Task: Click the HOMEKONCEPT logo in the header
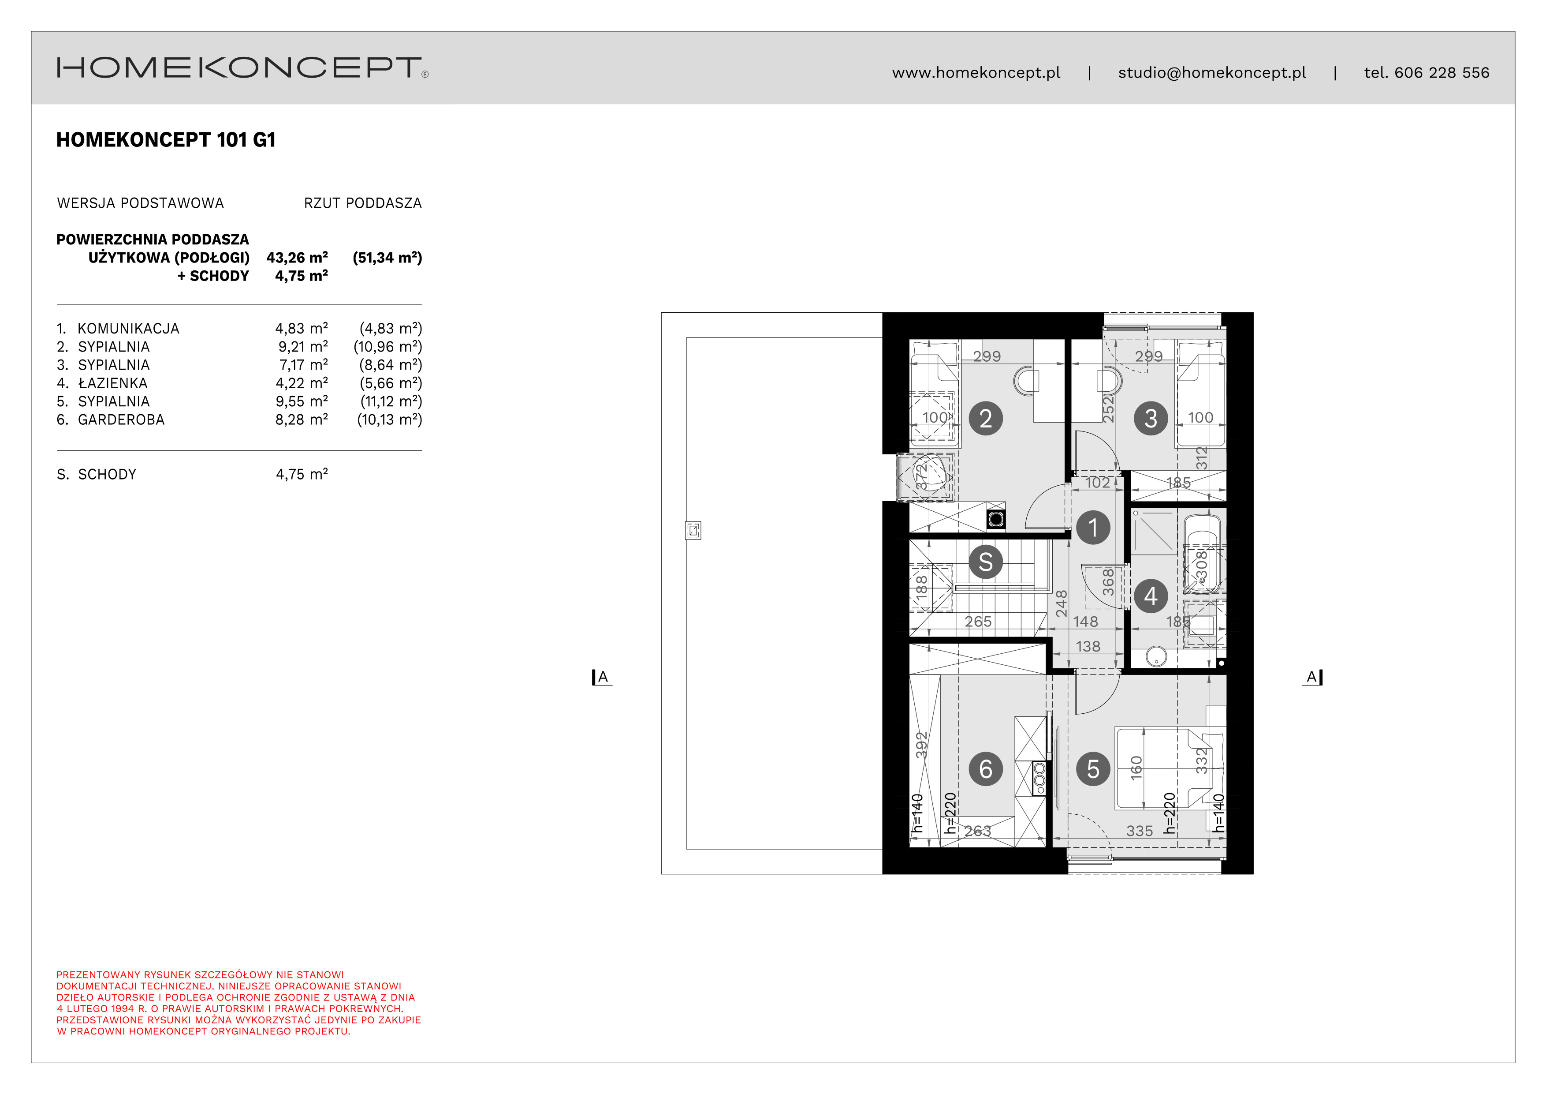[x=242, y=68]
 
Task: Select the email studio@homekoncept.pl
[x=1212, y=73]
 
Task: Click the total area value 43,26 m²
[x=297, y=257]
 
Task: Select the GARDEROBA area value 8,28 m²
[x=302, y=419]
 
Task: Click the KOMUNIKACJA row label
[x=128, y=329]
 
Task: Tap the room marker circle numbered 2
[x=986, y=418]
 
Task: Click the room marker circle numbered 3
[x=1151, y=418]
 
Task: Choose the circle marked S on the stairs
[x=986, y=562]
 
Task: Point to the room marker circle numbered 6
[x=986, y=768]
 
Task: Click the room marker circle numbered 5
[x=1093, y=768]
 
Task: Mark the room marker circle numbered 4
[x=1151, y=596]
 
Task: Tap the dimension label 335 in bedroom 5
[x=1139, y=831]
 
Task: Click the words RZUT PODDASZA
[x=362, y=203]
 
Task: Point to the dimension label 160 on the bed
[x=1136, y=768]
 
